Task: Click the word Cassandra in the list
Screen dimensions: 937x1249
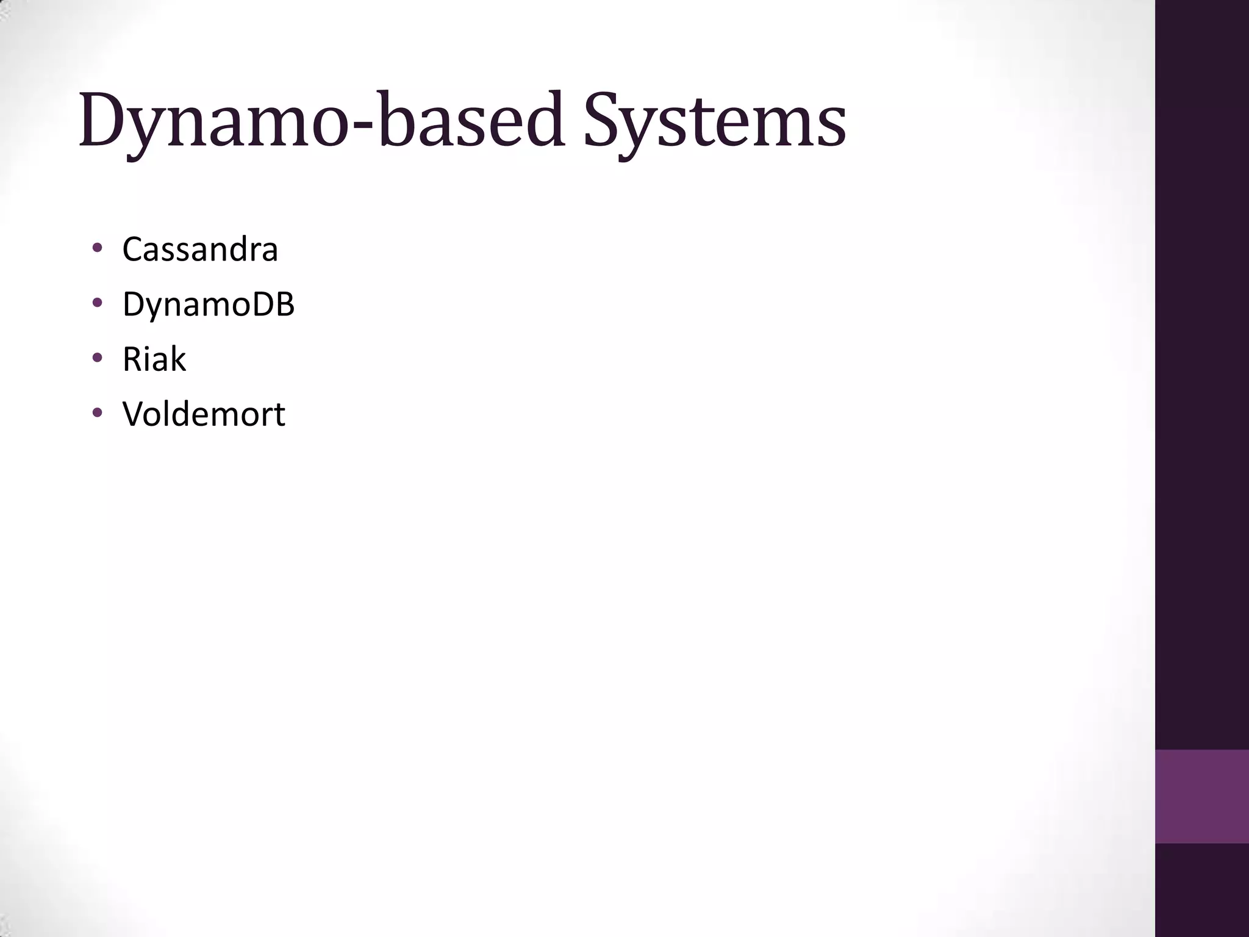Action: tap(200, 250)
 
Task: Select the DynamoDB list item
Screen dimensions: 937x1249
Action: tap(209, 304)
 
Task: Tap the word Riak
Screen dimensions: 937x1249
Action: tap(154, 359)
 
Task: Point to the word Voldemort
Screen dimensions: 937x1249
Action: tap(204, 414)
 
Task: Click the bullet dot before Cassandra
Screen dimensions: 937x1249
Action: tap(97, 248)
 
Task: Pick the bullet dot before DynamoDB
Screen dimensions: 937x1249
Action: tap(97, 303)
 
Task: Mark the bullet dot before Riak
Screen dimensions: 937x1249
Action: tap(97, 358)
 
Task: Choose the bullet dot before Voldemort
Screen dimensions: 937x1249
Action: tap(97, 413)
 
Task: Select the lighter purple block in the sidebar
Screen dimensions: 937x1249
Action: tap(1201, 796)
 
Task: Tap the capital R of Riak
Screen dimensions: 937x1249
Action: tap(132, 359)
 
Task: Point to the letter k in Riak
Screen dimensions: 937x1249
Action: tap(178, 359)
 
